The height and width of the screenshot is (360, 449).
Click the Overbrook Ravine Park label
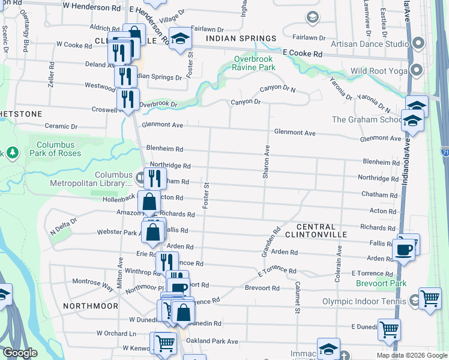(255, 63)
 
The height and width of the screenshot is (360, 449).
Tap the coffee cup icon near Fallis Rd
(403, 249)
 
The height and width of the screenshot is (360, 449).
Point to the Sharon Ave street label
(265, 161)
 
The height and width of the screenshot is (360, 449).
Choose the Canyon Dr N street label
(277, 89)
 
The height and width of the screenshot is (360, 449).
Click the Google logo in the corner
(20, 353)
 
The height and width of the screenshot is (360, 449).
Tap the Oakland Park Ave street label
(212, 341)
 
